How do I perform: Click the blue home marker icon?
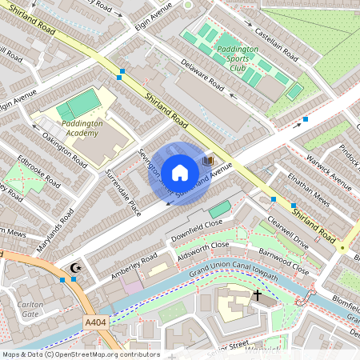(x=180, y=172)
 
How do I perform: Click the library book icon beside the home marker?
(x=210, y=162)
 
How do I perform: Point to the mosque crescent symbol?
(x=77, y=269)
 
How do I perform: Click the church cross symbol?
(x=257, y=295)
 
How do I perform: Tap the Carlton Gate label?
(x=30, y=309)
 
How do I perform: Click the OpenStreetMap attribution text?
(x=80, y=354)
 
